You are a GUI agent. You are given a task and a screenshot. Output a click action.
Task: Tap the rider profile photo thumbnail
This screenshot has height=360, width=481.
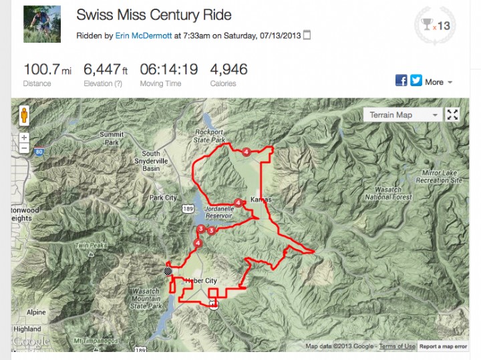tap(41, 24)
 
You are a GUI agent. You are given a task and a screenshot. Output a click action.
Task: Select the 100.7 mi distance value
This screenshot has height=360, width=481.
tap(46, 69)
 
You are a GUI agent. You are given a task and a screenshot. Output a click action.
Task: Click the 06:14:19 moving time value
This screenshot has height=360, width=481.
tap(168, 69)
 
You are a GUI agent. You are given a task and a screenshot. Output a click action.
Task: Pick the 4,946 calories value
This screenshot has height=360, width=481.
tap(228, 69)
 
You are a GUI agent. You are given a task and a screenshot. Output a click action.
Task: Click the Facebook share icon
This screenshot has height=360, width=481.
tap(402, 81)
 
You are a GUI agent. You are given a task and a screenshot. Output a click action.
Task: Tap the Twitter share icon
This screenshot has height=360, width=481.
tap(416, 81)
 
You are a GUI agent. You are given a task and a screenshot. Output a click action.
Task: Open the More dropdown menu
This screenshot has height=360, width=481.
tap(438, 81)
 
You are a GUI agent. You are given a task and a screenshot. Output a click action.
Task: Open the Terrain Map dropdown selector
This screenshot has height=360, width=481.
tap(404, 115)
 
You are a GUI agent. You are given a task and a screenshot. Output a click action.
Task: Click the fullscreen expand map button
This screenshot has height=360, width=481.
tap(453, 115)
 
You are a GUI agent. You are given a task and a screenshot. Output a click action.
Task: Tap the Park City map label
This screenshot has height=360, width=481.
tap(163, 198)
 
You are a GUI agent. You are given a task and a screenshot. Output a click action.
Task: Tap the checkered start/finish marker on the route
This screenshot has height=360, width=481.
tap(168, 271)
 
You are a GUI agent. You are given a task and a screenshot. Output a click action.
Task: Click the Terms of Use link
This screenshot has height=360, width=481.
tap(397, 346)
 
